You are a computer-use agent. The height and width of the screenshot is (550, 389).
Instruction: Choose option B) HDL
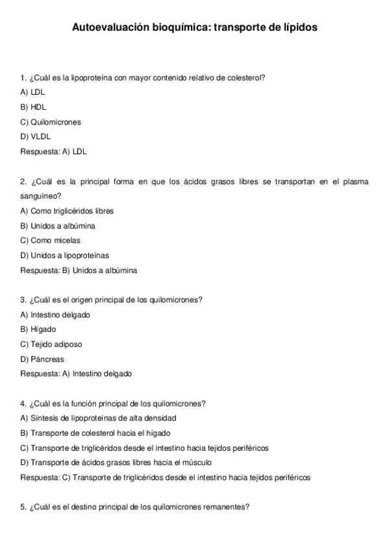coord(34,107)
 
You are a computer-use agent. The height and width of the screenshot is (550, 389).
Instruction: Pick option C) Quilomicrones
coord(51,122)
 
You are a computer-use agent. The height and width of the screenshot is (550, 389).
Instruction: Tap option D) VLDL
coord(36,137)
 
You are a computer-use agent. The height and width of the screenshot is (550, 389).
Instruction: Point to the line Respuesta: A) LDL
coord(54,152)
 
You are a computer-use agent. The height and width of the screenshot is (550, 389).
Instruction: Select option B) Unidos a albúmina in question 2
coord(58,226)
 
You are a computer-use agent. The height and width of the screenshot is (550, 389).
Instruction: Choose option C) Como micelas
coord(51,241)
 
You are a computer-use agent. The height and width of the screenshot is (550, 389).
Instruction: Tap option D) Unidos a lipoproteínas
coord(65,256)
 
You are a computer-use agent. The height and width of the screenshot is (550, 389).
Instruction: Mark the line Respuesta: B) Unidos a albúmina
coord(79,270)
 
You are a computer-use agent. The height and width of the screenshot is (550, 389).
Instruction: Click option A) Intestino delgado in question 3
coord(55,315)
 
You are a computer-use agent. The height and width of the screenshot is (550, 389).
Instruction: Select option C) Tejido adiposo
coord(51,344)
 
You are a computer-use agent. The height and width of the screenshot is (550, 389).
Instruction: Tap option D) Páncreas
coord(42,359)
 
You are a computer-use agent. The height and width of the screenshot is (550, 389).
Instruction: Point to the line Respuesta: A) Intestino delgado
coord(76,374)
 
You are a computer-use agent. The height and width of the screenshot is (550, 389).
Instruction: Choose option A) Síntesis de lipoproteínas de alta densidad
coord(99,418)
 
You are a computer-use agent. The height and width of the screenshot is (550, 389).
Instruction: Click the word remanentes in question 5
coord(225,507)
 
